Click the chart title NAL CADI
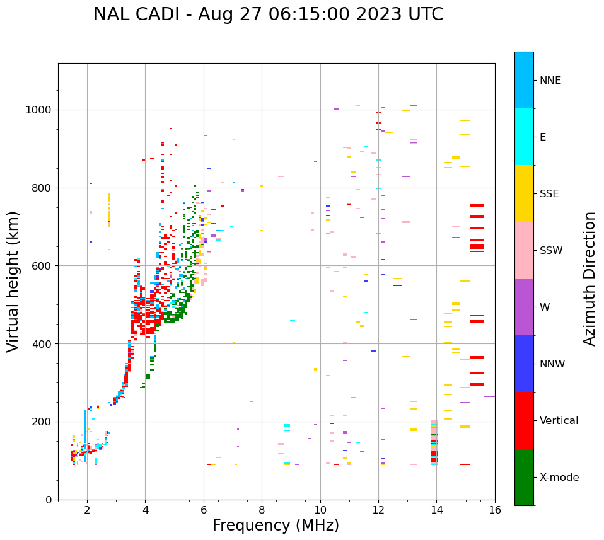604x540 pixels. coord(268,14)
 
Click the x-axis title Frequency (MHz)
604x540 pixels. coord(276,526)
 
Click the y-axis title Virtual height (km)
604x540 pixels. coord(13,281)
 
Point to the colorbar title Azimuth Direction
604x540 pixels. coord(589,278)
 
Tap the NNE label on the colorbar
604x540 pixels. coord(550,81)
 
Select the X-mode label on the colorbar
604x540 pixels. coord(559,478)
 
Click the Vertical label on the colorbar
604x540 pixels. coord(559,421)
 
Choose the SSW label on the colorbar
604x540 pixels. coord(551,251)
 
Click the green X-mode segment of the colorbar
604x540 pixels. coord(524,477)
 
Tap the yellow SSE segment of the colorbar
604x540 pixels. coord(524,193)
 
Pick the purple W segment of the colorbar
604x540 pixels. coord(524,307)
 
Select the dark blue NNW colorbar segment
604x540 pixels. coord(524,364)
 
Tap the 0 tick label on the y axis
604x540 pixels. coord(49,500)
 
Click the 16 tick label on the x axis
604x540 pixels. coord(494,510)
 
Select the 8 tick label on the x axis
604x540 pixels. coord(262,510)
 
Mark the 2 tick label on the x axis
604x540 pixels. coord(87,510)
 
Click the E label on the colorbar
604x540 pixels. coord(542,137)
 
